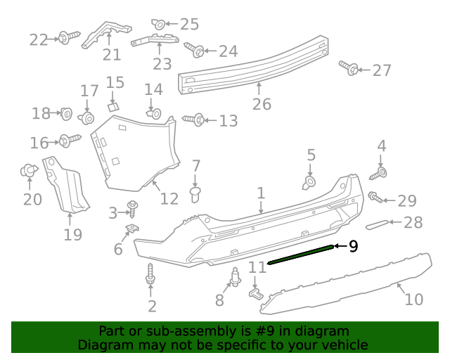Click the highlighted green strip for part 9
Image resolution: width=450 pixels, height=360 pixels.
298,254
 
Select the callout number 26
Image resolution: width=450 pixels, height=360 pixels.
262,105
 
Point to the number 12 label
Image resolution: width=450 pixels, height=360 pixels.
169,199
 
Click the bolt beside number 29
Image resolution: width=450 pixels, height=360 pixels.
375,198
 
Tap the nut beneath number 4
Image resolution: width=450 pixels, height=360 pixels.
382,172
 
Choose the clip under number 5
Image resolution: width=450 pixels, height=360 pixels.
309,183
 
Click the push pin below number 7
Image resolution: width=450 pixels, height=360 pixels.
197,193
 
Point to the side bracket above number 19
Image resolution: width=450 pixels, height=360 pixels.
67,184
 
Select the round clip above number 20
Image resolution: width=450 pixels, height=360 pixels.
29,170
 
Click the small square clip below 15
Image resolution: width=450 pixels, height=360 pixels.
112,107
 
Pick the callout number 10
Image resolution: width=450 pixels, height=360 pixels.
413,299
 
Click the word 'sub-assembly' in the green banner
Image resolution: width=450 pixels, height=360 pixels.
179,331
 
